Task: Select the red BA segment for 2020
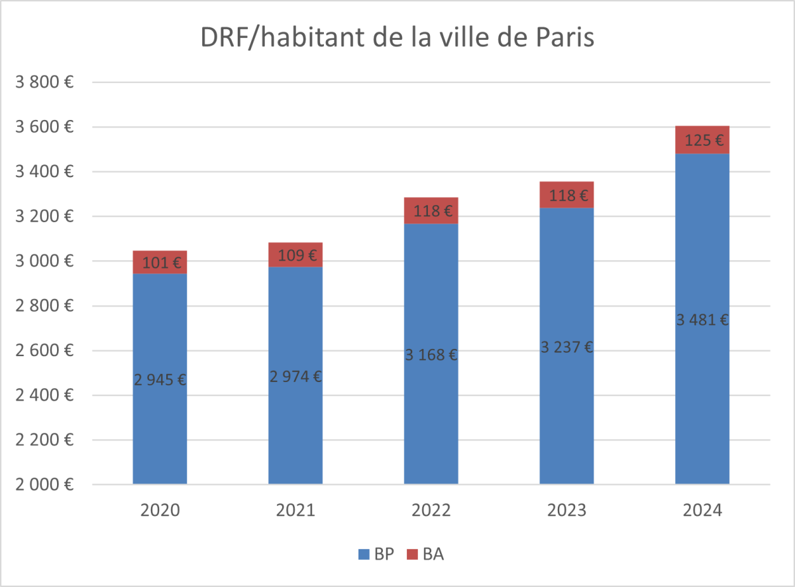(x=160, y=262)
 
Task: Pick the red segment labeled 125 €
(x=702, y=139)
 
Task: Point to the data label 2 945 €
(x=160, y=380)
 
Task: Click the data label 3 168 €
(x=431, y=354)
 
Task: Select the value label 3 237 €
(x=566, y=346)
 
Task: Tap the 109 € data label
(x=295, y=255)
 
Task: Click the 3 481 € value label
(x=702, y=320)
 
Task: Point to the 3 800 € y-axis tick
(x=44, y=82)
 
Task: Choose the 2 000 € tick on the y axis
(x=44, y=485)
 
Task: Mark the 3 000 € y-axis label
(x=44, y=261)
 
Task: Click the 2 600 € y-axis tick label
(x=44, y=351)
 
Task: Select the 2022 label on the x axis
(x=431, y=510)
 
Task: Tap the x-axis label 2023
(x=566, y=510)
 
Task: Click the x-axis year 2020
(x=160, y=510)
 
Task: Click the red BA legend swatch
(x=412, y=554)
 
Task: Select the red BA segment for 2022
(x=431, y=210)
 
